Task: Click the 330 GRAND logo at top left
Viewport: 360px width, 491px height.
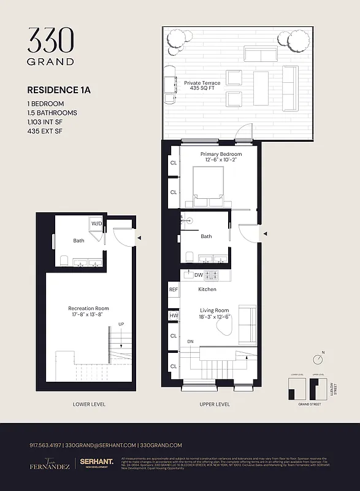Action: coord(50,46)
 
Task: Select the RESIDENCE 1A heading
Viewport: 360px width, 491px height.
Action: coord(59,90)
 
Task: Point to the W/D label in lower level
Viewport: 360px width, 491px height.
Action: coord(97,224)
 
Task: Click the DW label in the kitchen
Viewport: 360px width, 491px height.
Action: coord(197,275)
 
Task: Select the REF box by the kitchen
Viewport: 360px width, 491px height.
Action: coord(174,288)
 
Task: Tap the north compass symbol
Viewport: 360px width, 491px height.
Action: coord(319,358)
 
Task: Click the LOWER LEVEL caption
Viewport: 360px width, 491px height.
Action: coord(88,404)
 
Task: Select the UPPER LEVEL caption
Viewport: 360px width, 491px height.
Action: coord(215,404)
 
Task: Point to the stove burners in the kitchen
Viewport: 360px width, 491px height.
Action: coord(211,275)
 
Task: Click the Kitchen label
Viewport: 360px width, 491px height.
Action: coord(207,289)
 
